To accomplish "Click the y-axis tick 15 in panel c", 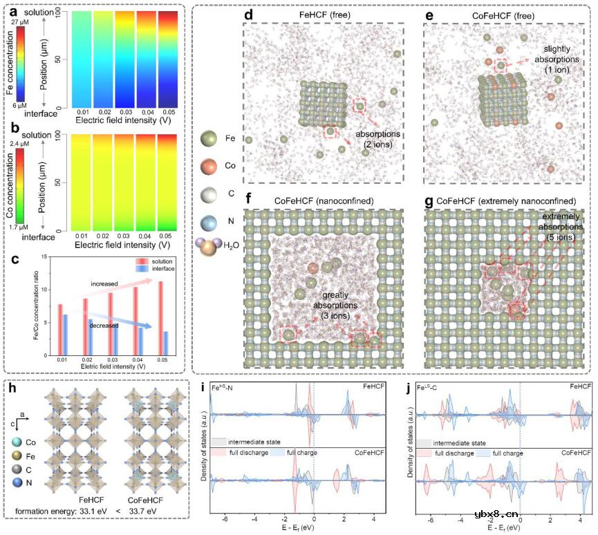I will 44,257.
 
